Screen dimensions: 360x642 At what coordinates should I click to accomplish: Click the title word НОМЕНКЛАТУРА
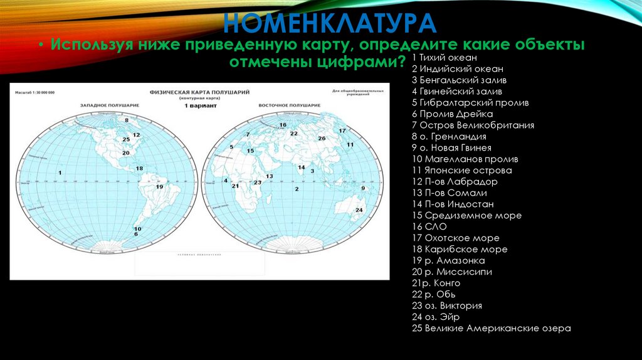click(329, 23)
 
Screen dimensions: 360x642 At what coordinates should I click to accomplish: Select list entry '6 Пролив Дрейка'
click(452, 114)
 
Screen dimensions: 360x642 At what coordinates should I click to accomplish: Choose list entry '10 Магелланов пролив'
click(465, 159)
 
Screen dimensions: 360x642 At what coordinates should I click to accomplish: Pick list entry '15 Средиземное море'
click(466, 216)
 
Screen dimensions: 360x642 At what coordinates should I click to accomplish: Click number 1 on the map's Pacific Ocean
click(60, 172)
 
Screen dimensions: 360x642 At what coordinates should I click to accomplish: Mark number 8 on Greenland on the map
click(127, 119)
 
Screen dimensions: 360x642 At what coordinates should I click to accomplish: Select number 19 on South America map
click(159, 186)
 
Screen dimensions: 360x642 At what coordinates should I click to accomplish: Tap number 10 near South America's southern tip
click(137, 229)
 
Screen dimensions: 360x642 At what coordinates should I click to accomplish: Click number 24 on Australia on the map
click(359, 209)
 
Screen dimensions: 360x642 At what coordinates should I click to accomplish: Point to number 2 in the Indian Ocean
click(296, 188)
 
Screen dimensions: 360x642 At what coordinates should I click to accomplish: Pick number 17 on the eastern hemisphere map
click(342, 130)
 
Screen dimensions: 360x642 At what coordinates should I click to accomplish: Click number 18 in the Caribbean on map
click(139, 168)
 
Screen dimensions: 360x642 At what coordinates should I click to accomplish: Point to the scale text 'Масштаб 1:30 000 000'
click(34, 92)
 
